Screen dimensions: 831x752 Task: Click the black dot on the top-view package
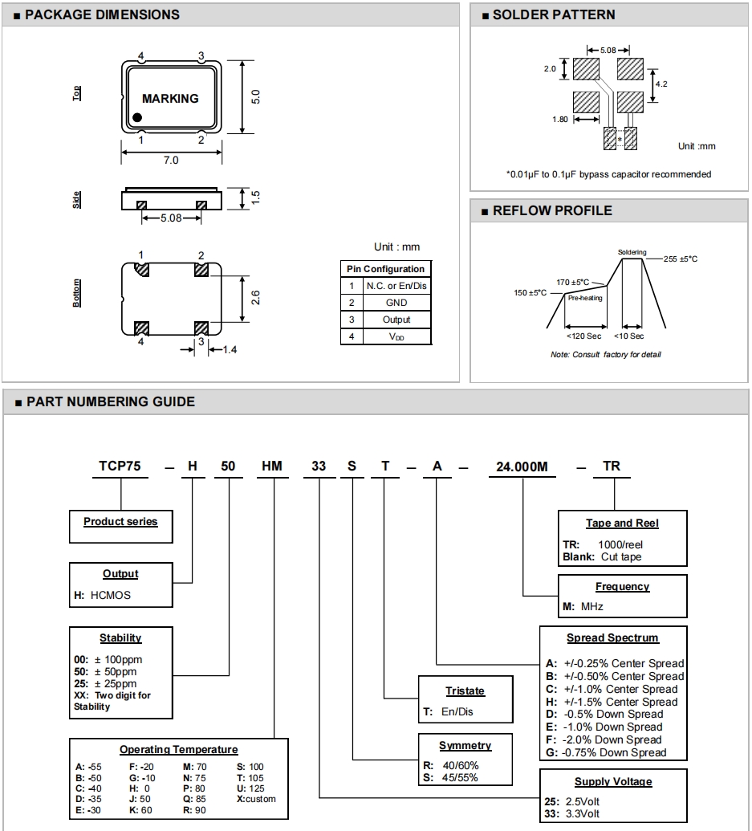pos(138,118)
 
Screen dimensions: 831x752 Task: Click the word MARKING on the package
pos(170,99)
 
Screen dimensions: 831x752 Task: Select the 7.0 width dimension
pos(171,160)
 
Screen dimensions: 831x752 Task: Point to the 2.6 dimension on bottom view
pos(254,298)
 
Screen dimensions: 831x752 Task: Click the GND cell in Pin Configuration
pos(396,303)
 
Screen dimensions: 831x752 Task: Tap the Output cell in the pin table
pos(396,320)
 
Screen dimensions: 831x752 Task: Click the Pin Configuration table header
pos(385,269)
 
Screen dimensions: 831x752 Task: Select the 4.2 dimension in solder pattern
pos(661,84)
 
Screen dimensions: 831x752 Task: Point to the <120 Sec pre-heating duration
pos(583,336)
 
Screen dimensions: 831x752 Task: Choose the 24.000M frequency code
pos(523,466)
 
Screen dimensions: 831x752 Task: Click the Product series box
pos(120,522)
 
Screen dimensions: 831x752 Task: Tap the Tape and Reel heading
pos(622,523)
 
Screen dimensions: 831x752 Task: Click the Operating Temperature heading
pos(179,750)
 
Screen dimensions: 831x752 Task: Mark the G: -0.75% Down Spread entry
pos(606,752)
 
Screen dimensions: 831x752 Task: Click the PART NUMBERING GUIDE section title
pos(111,401)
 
